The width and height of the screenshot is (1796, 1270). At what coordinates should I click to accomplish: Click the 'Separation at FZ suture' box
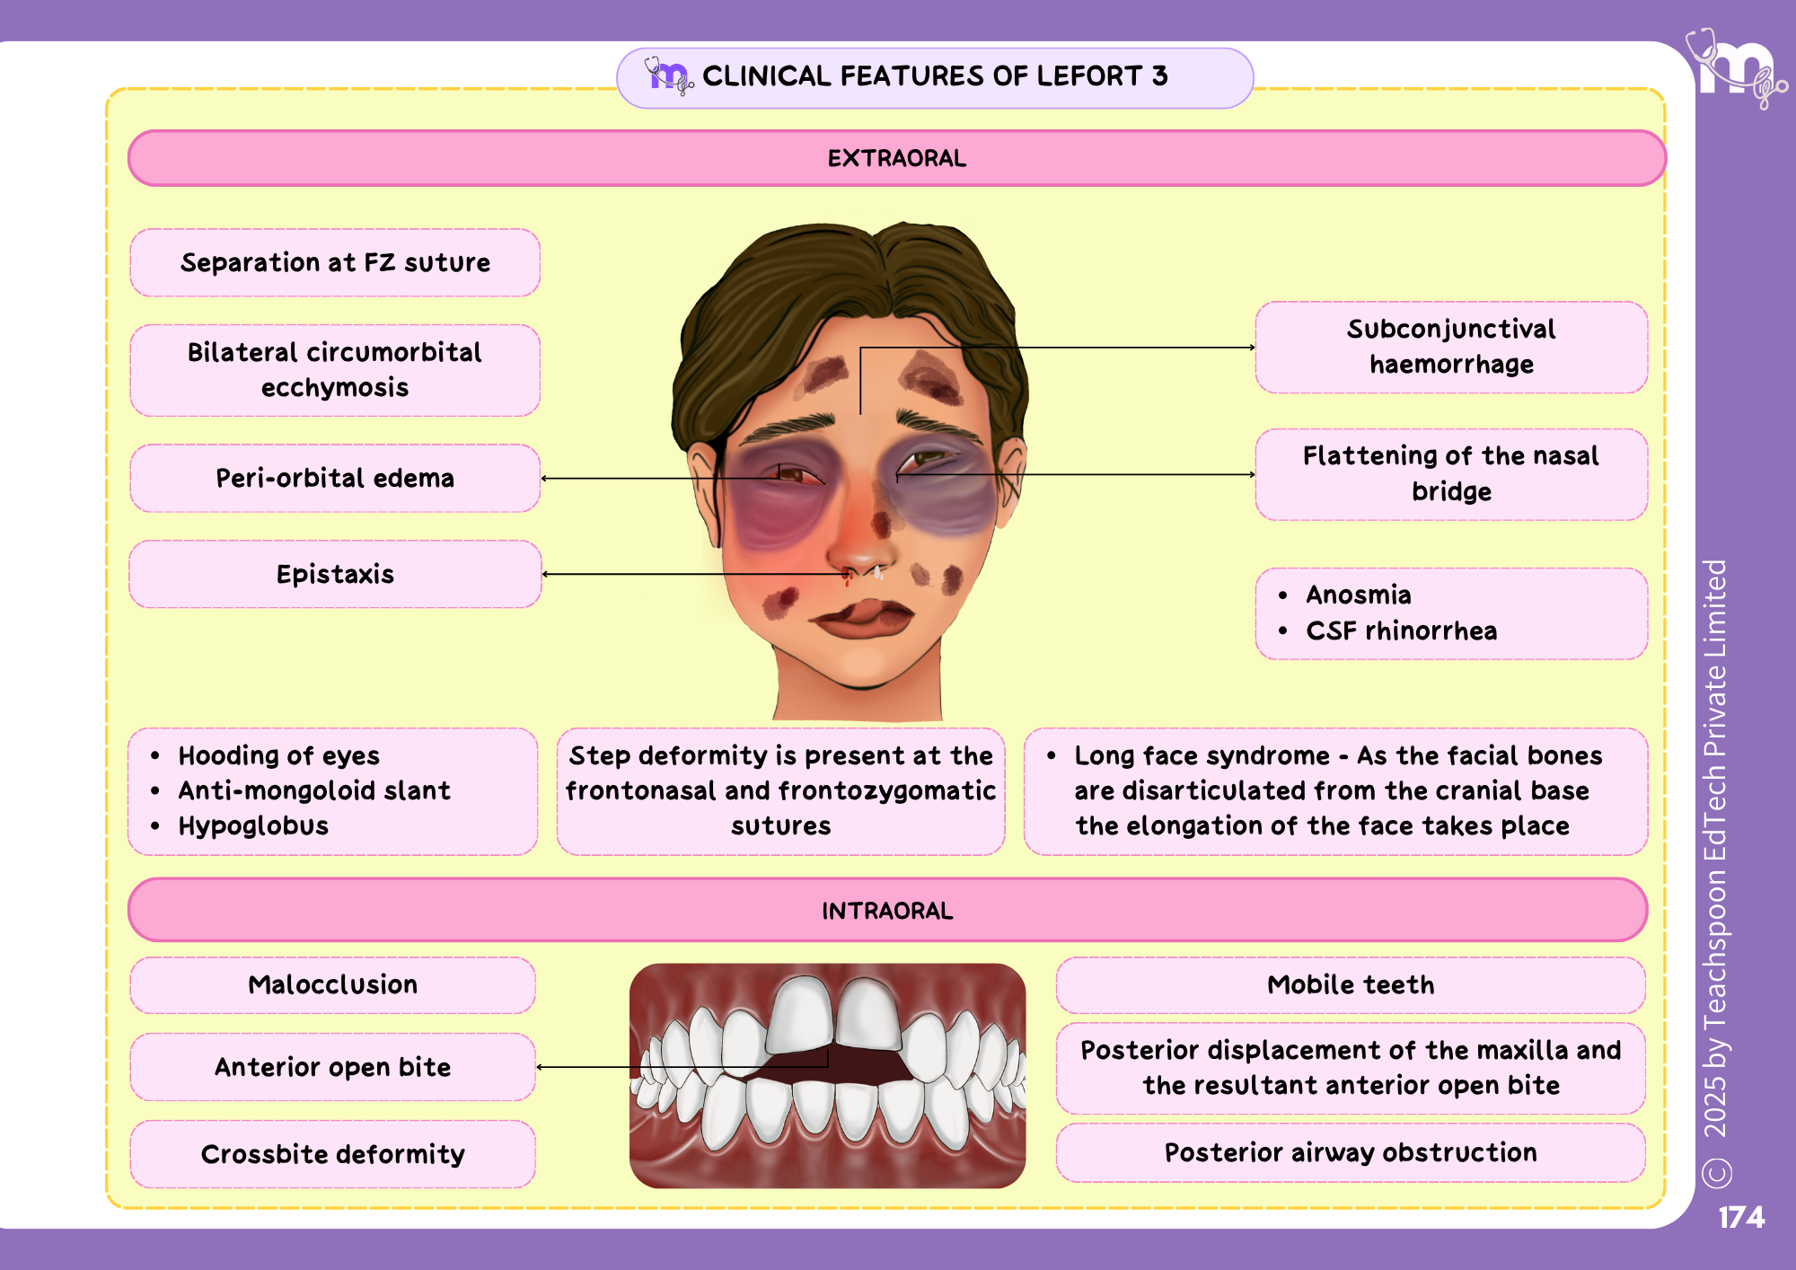tap(335, 262)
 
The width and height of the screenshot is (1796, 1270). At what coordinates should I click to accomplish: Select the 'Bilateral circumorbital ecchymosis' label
tap(335, 370)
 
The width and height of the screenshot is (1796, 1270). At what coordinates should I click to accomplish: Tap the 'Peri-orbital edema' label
tap(335, 478)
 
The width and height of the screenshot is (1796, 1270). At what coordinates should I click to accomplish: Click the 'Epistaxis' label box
tap(335, 574)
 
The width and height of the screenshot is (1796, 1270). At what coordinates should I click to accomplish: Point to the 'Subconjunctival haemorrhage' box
tap(1451, 347)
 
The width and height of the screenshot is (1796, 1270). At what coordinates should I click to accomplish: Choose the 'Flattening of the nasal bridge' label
tap(1451, 474)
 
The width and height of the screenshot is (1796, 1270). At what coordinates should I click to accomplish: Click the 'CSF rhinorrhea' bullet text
tap(1401, 631)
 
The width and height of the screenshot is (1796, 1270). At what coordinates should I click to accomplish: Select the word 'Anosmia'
tap(1358, 595)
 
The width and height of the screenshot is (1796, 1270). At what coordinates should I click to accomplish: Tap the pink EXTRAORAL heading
tap(897, 158)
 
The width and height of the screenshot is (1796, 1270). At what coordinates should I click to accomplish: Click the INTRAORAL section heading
tap(887, 910)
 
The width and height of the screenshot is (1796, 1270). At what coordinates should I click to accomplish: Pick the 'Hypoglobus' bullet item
tap(253, 825)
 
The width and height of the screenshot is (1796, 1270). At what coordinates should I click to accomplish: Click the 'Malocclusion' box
tap(332, 984)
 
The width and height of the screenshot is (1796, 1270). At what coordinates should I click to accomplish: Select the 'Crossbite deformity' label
tap(332, 1154)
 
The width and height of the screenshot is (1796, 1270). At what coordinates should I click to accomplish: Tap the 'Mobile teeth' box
tap(1351, 984)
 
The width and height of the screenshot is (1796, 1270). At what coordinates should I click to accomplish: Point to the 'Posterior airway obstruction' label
tap(1351, 1152)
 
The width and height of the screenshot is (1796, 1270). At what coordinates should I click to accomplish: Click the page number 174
tap(1741, 1217)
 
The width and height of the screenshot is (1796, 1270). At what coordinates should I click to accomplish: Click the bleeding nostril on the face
tap(847, 575)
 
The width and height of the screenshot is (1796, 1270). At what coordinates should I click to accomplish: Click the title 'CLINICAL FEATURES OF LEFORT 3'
tap(935, 76)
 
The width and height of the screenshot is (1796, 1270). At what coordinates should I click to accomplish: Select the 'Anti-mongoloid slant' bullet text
tap(314, 790)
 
